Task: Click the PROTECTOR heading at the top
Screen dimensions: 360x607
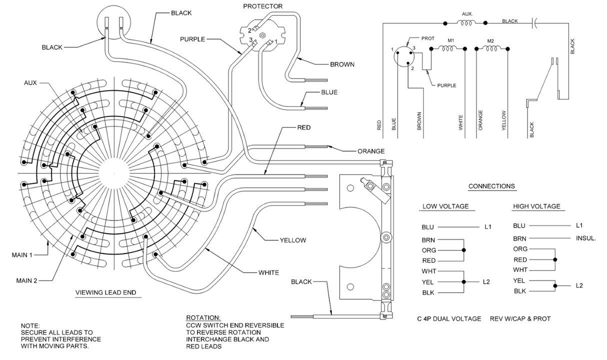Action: pos(262,6)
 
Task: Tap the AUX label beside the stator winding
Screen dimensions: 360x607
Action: pos(30,82)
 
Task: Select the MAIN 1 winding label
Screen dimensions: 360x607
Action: pos(22,255)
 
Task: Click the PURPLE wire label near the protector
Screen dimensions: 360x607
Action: pos(192,39)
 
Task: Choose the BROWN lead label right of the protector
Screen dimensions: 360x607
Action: pos(342,64)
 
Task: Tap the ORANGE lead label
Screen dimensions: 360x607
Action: pos(370,151)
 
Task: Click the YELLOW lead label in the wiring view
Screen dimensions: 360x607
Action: pos(292,240)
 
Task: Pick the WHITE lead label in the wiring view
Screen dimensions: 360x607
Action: pos(268,273)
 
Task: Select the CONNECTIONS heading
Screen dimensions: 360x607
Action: pos(491,186)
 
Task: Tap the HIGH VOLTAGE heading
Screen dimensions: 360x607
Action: pos(536,206)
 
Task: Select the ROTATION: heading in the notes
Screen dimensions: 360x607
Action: pos(202,318)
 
